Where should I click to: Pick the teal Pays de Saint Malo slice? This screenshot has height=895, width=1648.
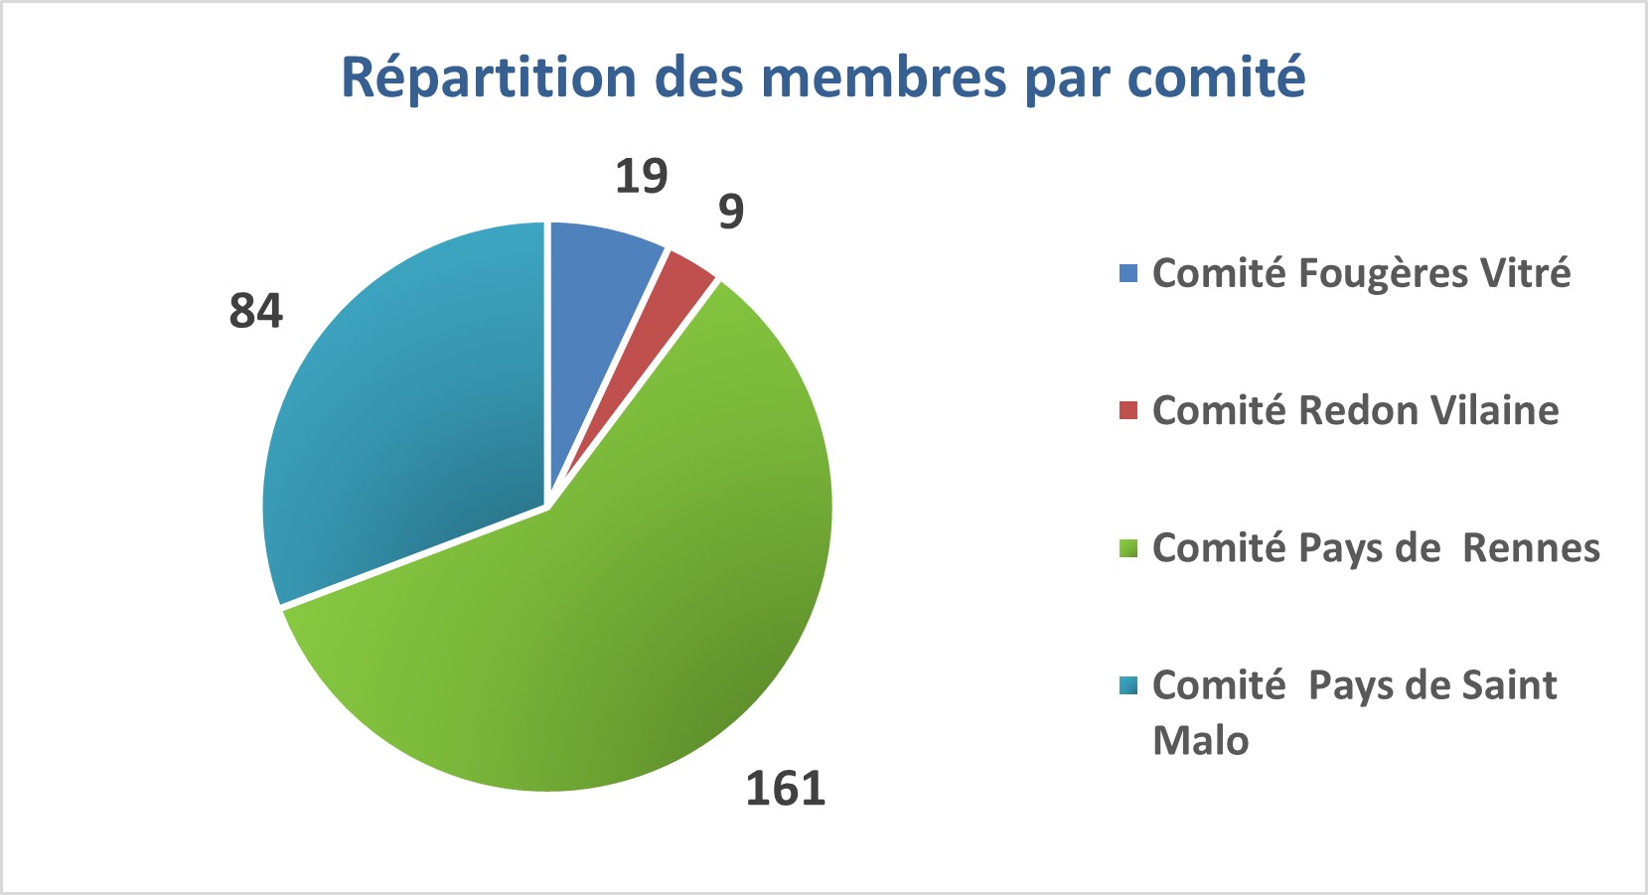407,417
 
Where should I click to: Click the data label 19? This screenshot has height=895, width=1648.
641,177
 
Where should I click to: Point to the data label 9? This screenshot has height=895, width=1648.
731,212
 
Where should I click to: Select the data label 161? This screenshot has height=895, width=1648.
786,789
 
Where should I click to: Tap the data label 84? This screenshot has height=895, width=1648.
256,311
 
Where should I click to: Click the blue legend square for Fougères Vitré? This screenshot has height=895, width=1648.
1128,273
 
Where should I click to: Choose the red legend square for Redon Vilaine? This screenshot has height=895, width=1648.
1128,410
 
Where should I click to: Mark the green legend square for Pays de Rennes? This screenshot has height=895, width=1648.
1128,548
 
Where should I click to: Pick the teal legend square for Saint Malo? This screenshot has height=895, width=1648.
1128,685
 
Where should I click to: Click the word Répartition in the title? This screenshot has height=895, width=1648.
488,77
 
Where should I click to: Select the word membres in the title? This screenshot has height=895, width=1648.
885,77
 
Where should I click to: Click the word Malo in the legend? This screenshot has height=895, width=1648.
1200,741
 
